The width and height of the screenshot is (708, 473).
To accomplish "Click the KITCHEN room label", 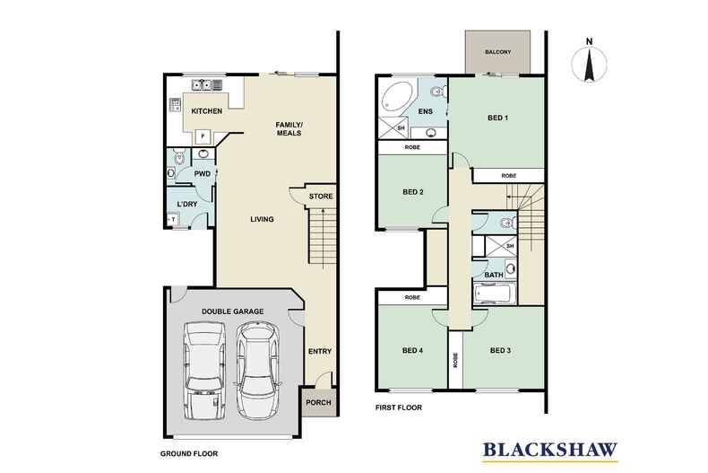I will point(207,111).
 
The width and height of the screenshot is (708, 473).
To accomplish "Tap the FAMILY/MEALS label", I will point(289,128).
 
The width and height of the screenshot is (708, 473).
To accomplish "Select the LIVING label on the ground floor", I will point(262,219).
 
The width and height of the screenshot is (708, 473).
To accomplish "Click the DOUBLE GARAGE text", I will point(232,311).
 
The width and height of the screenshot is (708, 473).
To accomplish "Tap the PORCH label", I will point(318,402).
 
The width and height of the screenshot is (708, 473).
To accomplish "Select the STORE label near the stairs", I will point(320,196).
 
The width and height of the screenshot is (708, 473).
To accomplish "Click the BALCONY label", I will point(498,52).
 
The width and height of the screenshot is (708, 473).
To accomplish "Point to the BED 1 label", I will point(499,118).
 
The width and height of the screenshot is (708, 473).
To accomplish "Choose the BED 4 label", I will point(413,351).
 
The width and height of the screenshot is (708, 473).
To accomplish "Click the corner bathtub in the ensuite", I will point(396,98).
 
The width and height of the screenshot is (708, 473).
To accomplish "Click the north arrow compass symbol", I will point(589,65).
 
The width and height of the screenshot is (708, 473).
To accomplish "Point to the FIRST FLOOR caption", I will point(397,407).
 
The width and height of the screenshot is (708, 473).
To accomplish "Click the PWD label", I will point(202,173).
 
